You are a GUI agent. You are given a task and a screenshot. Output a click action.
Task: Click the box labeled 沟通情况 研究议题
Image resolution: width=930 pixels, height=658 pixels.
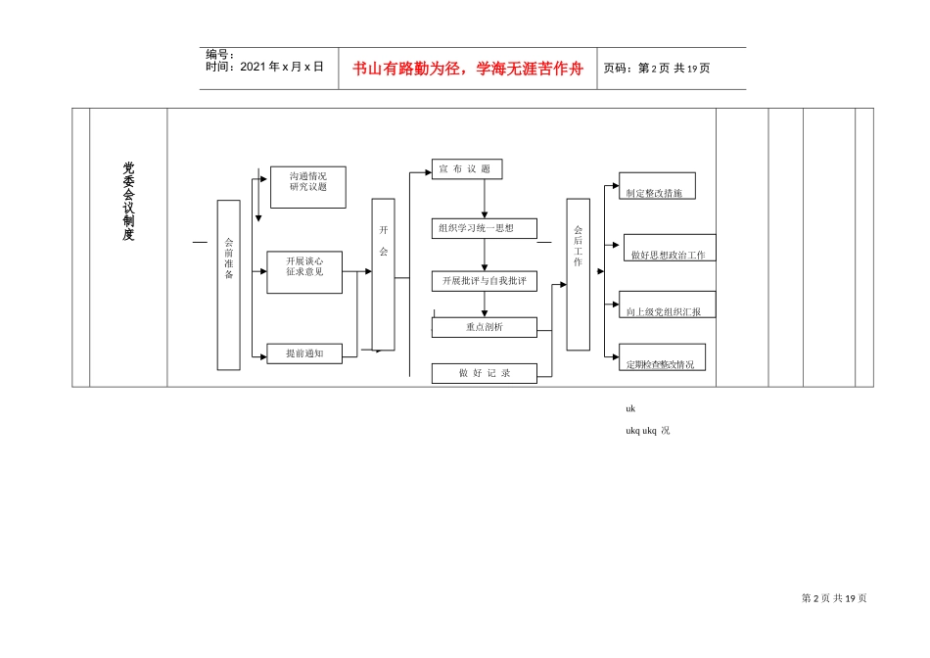(x=307, y=187)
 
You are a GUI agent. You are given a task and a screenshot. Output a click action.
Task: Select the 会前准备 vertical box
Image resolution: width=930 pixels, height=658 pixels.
(x=228, y=285)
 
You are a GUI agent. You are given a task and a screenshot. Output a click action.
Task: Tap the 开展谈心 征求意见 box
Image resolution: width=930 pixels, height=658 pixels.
(x=304, y=271)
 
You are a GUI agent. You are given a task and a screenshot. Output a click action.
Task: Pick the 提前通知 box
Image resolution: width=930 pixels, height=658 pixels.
(x=304, y=353)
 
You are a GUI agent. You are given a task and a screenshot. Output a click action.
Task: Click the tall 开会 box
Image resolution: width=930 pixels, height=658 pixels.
(x=383, y=274)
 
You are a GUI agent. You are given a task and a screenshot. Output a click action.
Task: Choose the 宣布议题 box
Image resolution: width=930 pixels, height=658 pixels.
(x=467, y=168)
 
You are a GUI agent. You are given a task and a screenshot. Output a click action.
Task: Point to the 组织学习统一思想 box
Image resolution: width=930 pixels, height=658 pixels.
(x=485, y=228)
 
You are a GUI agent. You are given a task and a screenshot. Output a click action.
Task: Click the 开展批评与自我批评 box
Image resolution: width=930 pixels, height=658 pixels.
(x=485, y=281)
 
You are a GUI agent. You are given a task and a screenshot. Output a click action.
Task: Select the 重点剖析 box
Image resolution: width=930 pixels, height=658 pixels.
(x=485, y=327)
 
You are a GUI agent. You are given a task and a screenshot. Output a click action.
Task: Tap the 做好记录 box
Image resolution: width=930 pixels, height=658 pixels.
(x=485, y=373)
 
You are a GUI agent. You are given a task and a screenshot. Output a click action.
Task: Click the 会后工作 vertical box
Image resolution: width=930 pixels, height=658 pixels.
(x=578, y=274)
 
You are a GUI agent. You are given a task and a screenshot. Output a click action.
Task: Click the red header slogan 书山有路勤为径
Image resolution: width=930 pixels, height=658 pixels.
(x=467, y=69)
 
